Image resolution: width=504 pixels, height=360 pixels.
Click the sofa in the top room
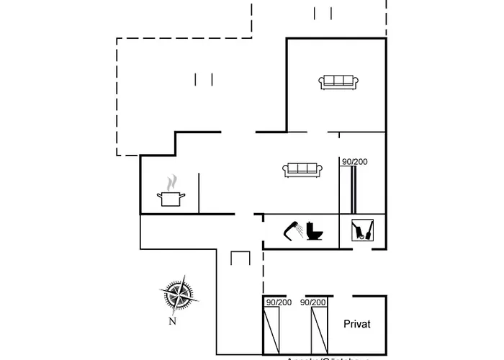point(338,82)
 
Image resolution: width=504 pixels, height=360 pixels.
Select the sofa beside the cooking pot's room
point(302,169)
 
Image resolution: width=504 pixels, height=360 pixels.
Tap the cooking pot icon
point(170,198)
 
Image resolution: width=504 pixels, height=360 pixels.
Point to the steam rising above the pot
point(171,181)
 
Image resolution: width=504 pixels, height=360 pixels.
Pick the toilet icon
point(315,231)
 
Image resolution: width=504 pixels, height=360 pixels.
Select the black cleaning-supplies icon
point(362,230)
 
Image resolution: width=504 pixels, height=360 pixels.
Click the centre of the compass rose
point(176,295)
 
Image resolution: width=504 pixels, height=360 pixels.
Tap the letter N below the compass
point(172,321)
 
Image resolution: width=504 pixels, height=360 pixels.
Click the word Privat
point(357,324)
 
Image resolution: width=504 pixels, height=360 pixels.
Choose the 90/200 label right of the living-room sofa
point(354,162)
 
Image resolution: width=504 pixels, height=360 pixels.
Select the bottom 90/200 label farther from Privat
point(278,303)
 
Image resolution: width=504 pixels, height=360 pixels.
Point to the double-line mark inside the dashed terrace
point(204,79)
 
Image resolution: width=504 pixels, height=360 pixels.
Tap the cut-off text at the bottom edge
point(328,357)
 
